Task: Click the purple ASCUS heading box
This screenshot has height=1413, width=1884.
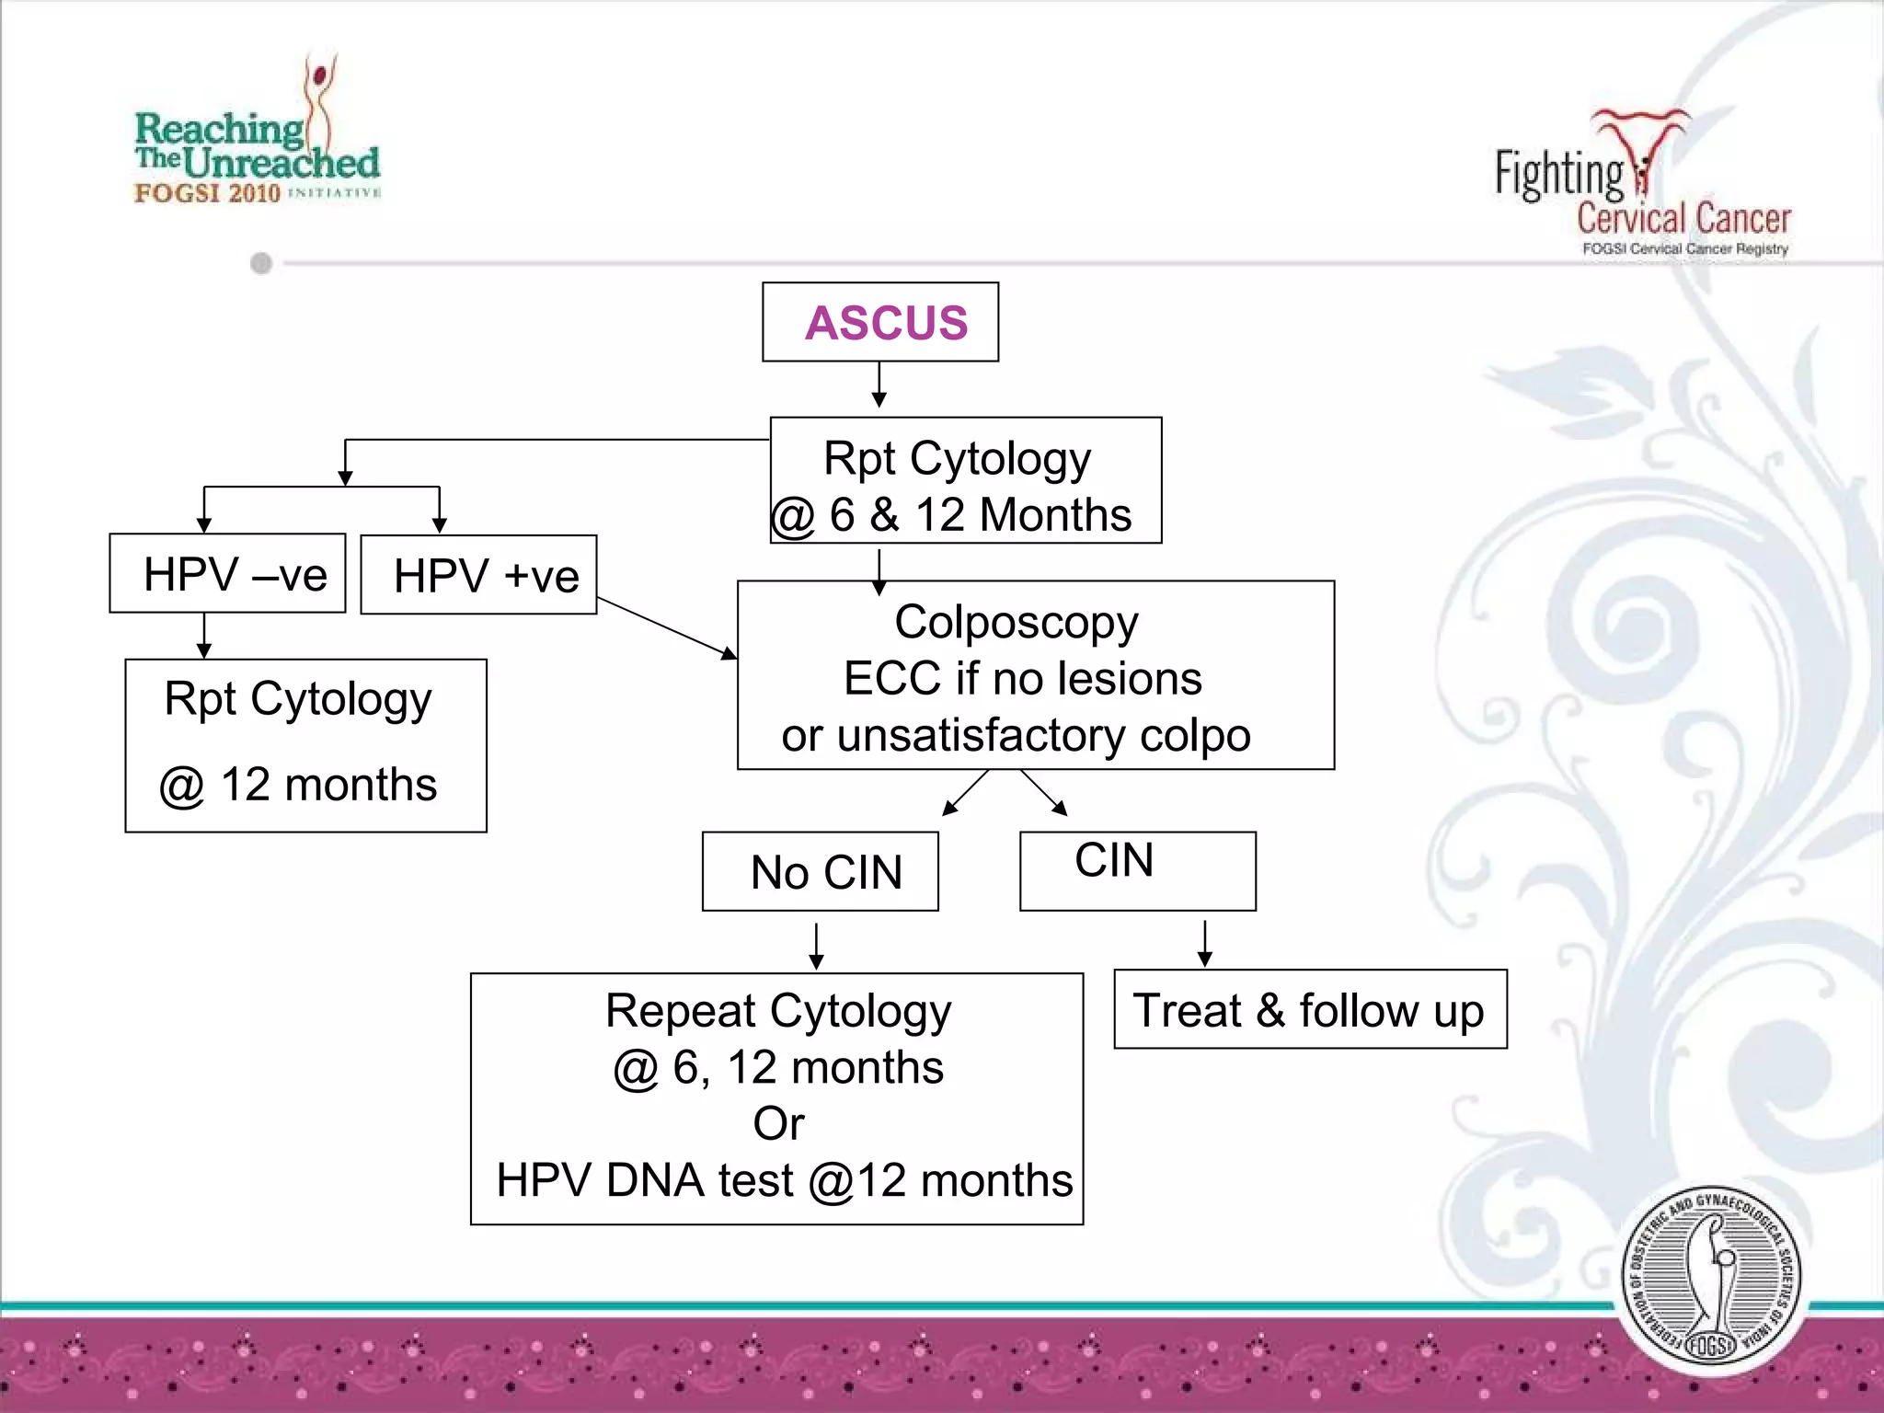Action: [880, 322]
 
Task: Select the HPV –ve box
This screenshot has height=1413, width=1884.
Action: [227, 574]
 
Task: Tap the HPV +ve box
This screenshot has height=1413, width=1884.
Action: [478, 576]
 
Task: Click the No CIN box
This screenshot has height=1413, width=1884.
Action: [820, 872]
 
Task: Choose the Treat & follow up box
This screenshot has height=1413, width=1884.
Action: [1309, 1010]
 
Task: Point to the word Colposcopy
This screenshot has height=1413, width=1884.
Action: [1016, 623]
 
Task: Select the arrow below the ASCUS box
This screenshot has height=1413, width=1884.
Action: [879, 385]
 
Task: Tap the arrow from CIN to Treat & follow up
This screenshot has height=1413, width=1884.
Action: [1205, 943]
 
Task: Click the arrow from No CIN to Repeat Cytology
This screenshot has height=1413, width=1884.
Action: [816, 946]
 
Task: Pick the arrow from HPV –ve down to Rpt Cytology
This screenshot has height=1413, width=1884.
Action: [204, 636]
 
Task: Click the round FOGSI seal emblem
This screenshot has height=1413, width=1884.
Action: [1710, 1278]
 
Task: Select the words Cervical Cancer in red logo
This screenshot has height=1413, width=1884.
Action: [1683, 219]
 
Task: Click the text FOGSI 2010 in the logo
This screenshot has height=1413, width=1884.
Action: [207, 193]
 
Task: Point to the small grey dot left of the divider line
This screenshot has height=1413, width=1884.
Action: [261, 264]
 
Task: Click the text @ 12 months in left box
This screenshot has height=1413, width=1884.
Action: [298, 786]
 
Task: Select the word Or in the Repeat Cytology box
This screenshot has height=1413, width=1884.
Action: [778, 1124]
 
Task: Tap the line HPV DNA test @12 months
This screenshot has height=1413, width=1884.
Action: [784, 1181]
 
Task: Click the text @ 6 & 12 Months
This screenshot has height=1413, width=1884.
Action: [952, 515]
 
